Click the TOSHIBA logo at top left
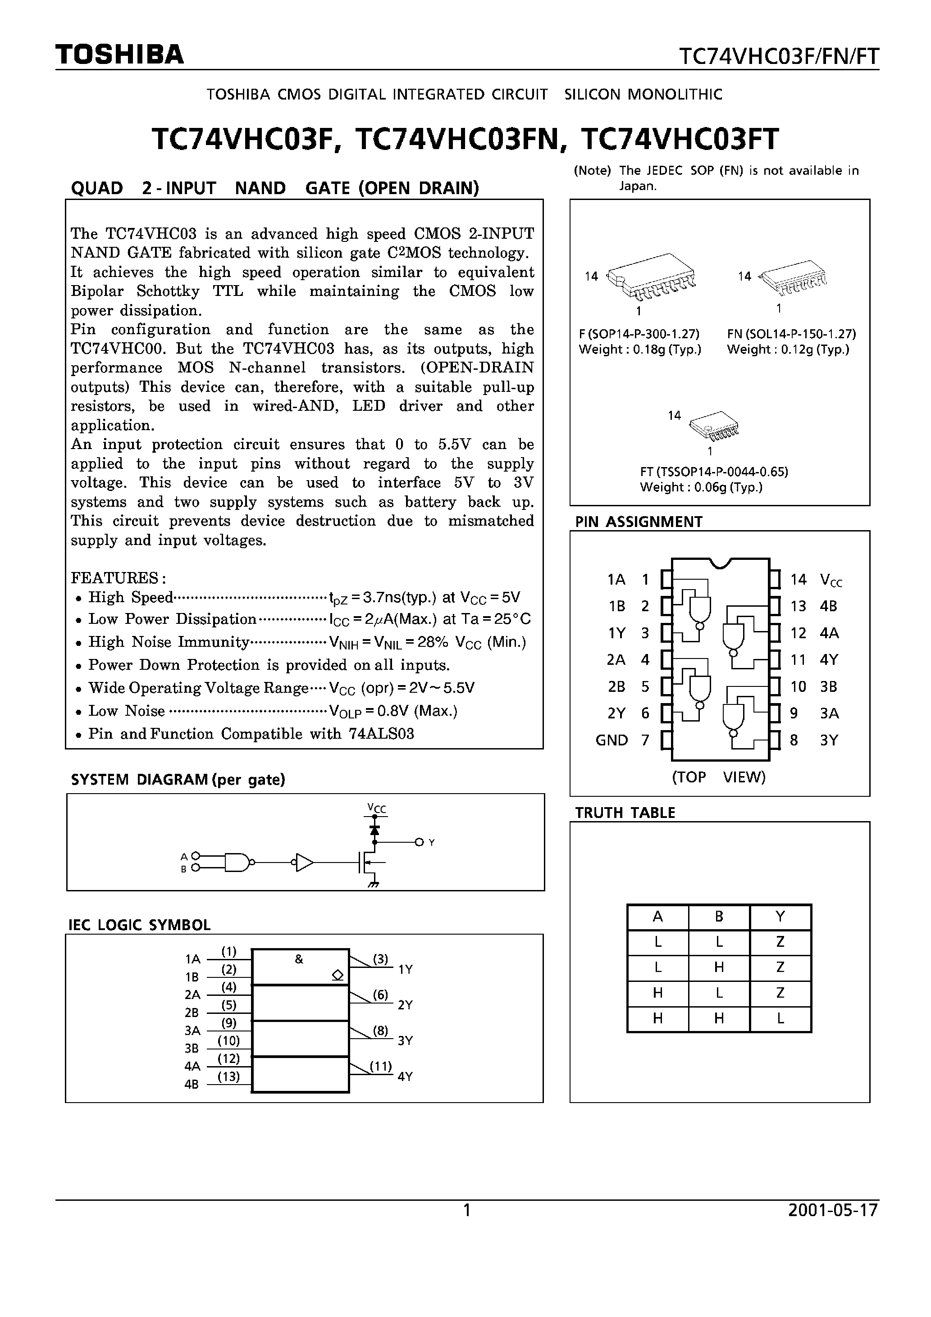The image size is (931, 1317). point(119,54)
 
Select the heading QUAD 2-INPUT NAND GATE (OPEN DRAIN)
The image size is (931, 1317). point(274,188)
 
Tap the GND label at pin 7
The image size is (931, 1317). point(612,740)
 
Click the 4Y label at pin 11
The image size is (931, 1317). point(829,660)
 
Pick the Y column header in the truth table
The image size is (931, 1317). point(780,917)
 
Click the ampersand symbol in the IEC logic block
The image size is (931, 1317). point(298,959)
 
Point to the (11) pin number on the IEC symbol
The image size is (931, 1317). point(380,1066)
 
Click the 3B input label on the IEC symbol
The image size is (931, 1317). point(192,1048)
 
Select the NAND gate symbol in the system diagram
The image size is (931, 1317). point(237,862)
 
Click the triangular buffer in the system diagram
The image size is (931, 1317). point(304,862)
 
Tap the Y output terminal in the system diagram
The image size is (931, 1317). point(420,842)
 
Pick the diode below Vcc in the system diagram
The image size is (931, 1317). point(375,830)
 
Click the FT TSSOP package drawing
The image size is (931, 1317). point(713,424)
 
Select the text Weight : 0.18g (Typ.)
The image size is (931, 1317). point(640,350)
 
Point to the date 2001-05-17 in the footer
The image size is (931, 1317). point(833,1210)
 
